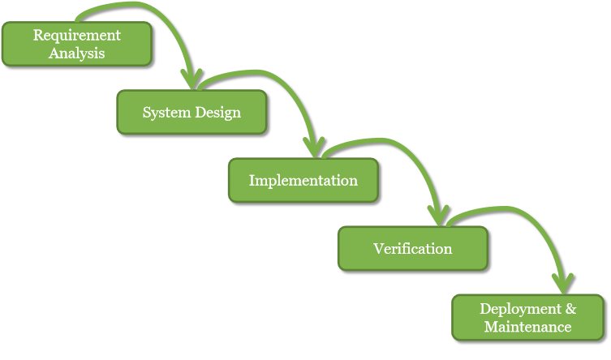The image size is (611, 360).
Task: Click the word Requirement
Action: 76,36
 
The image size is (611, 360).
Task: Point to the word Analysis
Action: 76,54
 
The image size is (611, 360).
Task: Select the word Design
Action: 217,113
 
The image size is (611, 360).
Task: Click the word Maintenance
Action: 527,328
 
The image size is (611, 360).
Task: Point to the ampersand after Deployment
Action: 570,309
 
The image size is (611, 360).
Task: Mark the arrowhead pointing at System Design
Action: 192,79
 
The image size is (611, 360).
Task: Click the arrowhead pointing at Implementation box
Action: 314,148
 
